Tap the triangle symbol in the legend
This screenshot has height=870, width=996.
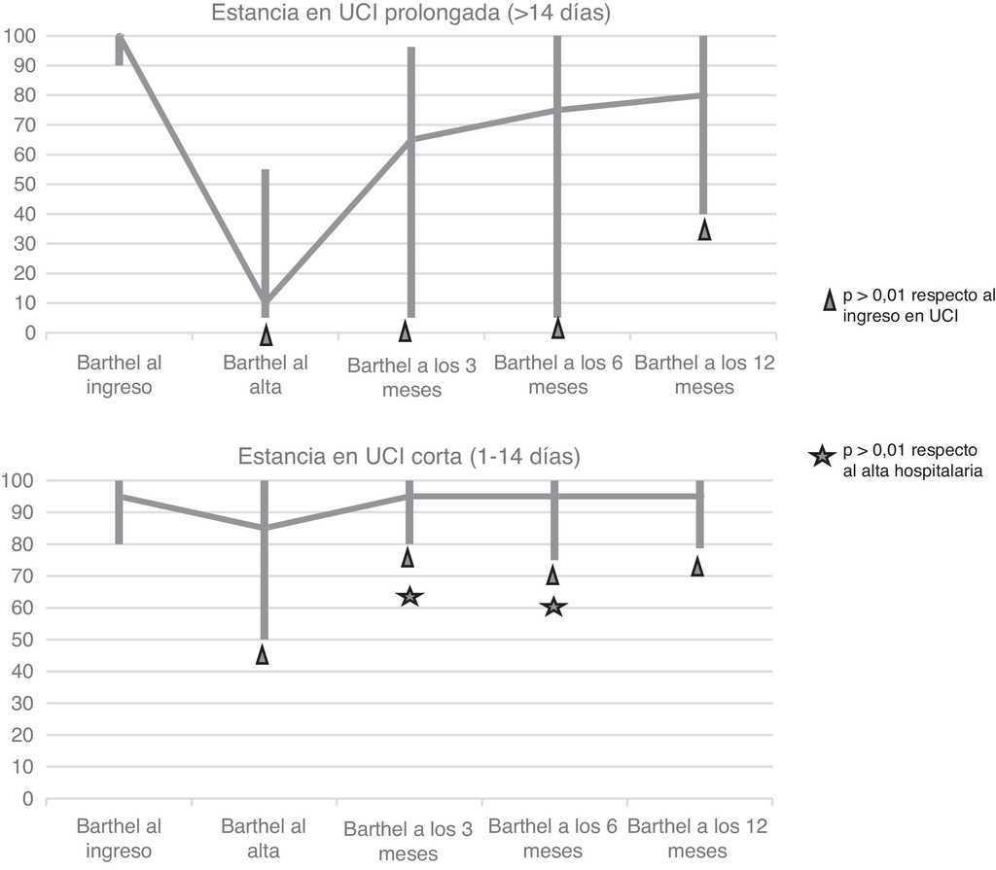[x=828, y=301]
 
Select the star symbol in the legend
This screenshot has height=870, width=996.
[x=822, y=454]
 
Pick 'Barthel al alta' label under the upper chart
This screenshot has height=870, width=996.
[x=266, y=375]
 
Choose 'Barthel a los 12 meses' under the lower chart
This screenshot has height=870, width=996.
[x=697, y=838]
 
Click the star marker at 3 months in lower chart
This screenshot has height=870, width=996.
[x=409, y=596]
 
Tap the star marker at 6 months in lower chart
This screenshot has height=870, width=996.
[x=553, y=607]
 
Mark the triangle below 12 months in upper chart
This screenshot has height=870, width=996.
[x=704, y=229]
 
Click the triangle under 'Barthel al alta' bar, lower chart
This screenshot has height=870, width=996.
[x=263, y=654]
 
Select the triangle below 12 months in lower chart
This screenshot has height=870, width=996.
[x=697, y=566]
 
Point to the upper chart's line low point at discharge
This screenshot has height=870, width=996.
[x=266, y=302]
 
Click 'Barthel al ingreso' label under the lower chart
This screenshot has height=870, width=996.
[x=119, y=838]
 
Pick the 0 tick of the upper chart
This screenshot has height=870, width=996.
[x=33, y=332]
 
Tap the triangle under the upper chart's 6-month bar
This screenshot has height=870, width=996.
[x=557, y=329]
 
